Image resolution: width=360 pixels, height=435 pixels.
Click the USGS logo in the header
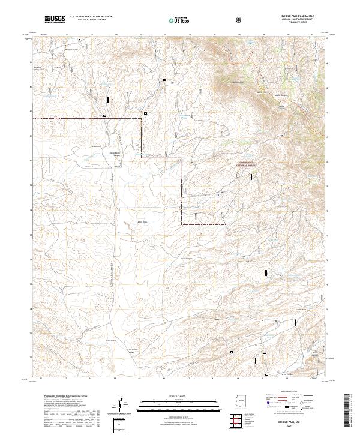point(55,20)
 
